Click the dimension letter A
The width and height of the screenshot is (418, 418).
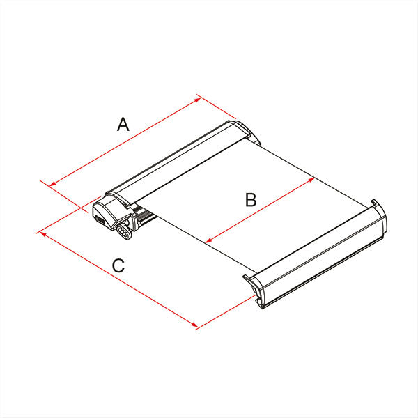(123, 124)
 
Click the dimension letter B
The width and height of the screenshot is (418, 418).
(251, 200)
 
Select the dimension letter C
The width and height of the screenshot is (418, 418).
(118, 265)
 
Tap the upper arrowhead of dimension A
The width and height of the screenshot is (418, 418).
(198, 100)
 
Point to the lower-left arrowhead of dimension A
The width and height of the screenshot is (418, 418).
(52, 184)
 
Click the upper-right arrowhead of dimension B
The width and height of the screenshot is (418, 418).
(311, 180)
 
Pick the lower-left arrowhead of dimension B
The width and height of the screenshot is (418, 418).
(208, 240)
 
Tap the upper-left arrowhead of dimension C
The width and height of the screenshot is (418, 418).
(42, 234)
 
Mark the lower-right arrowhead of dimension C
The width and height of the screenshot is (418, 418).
(195, 325)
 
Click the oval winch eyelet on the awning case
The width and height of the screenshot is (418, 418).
(124, 231)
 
